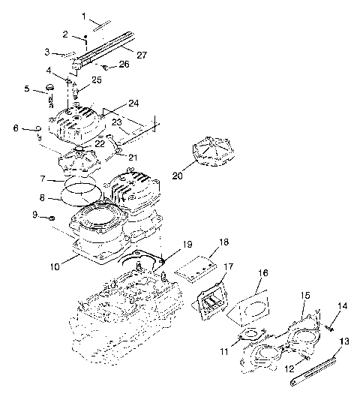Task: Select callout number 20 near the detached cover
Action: [x=178, y=176]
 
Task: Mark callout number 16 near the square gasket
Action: [x=262, y=272]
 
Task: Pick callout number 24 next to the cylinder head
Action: [x=133, y=103]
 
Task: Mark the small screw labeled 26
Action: [x=106, y=67]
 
